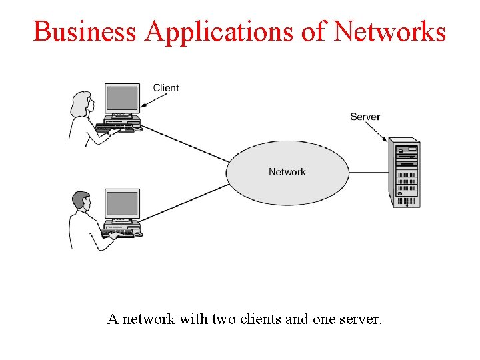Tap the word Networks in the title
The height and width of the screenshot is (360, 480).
(x=390, y=31)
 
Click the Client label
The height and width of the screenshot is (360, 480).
(x=166, y=88)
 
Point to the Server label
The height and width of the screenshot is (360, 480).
(x=365, y=117)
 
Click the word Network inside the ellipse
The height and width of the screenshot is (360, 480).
(x=287, y=172)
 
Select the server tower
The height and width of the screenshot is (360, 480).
(x=404, y=173)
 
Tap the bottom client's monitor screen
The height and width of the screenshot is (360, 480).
(x=122, y=203)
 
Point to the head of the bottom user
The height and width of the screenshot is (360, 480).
(x=81, y=199)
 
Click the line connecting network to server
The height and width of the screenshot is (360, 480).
(x=369, y=173)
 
